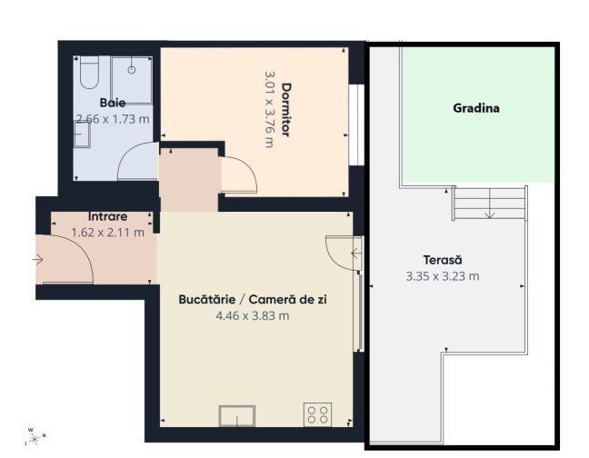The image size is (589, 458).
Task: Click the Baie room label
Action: pyautogui.click(x=113, y=103)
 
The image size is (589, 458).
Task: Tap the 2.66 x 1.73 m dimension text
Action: pyautogui.click(x=114, y=118)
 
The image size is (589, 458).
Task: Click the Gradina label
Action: pyautogui.click(x=476, y=108)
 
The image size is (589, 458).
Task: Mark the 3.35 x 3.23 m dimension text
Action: pyautogui.click(x=443, y=275)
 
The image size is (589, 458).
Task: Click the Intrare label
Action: pyautogui.click(x=107, y=217)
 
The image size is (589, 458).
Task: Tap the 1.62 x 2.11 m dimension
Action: pyautogui.click(x=107, y=233)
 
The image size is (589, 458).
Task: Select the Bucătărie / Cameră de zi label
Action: pyautogui.click(x=252, y=299)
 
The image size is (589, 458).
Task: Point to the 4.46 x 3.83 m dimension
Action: pyautogui.click(x=252, y=315)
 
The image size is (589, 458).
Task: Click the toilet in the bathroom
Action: pyautogui.click(x=89, y=74)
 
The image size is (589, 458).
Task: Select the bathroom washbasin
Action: pyautogui.click(x=81, y=134)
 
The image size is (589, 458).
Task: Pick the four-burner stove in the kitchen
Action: pyautogui.click(x=318, y=415)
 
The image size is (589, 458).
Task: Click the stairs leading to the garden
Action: pyautogui.click(x=489, y=203)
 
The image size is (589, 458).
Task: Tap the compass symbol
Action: pyautogui.click(x=34, y=437)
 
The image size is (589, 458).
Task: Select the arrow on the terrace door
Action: pyautogui.click(x=355, y=252)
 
